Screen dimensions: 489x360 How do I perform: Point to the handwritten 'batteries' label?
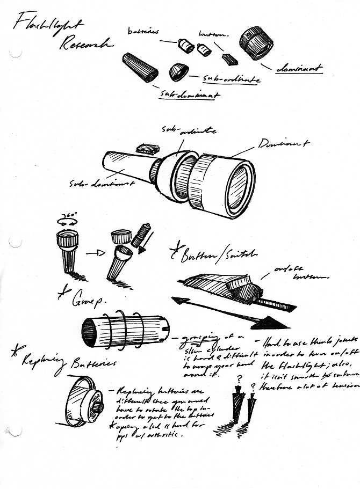tap(143, 32)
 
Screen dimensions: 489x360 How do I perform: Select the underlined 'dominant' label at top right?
tap(299, 68)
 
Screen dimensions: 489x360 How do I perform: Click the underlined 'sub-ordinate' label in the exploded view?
tap(232, 79)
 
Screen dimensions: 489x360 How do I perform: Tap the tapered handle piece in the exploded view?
tap(140, 67)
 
